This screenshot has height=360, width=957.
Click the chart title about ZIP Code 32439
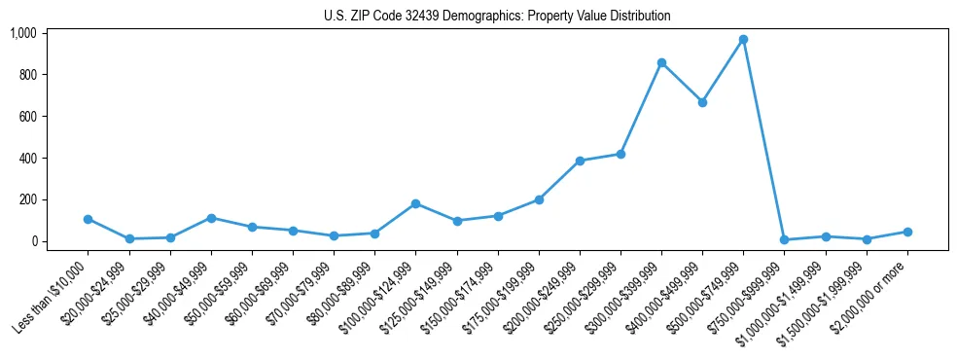point(497,17)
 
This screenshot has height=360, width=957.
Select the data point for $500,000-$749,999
point(743,40)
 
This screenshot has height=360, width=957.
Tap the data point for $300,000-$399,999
point(661,62)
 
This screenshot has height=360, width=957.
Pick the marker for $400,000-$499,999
point(702,102)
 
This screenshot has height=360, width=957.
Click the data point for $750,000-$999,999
point(784,239)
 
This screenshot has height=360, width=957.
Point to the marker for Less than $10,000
point(88,219)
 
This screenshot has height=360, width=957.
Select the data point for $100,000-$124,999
point(415,203)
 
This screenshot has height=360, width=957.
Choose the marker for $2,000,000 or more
point(907,232)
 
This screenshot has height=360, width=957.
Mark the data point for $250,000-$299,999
point(620,154)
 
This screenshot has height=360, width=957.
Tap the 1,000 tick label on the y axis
point(23,33)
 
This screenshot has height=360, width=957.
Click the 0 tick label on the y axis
point(32,241)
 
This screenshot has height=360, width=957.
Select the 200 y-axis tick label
point(27,199)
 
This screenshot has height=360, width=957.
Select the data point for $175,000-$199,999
point(539,199)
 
